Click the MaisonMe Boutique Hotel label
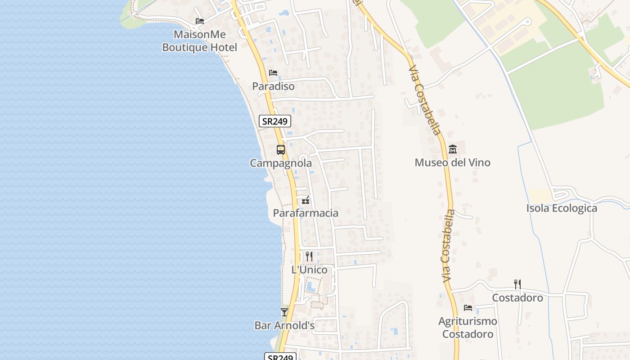[x=199, y=41]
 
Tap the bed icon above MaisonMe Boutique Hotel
[x=200, y=21]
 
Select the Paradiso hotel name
[x=273, y=86]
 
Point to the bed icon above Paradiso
[x=273, y=73]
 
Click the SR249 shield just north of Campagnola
[x=275, y=121]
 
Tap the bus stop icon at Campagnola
[x=281, y=150]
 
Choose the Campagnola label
[x=281, y=163]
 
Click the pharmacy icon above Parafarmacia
[x=306, y=200]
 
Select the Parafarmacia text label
[x=306, y=213]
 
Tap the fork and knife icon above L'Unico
[x=309, y=256]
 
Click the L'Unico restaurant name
[x=309, y=270]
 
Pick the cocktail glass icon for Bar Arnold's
[x=284, y=312]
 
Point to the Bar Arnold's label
[x=284, y=325]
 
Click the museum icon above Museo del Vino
[x=453, y=149]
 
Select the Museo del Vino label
[x=452, y=162]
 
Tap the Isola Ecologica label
[x=562, y=208]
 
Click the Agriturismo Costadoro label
[x=468, y=328]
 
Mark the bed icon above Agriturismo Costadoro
[x=468, y=308]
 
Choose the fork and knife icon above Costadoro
[x=517, y=284]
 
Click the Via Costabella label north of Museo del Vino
[x=424, y=101]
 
